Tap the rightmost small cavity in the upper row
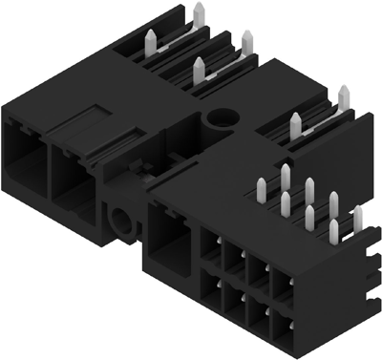click(x=282, y=284)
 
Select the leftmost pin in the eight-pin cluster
click(x=262, y=186)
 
